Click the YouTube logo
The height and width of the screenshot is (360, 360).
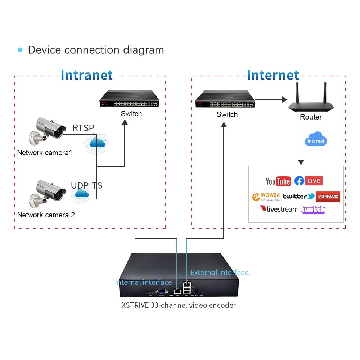coord(278,181)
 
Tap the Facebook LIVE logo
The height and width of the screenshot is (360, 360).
coord(308,181)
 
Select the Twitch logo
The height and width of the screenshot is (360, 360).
coord(313,209)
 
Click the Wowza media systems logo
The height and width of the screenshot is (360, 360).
coord(266,197)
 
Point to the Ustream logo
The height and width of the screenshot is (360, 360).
coord(328,197)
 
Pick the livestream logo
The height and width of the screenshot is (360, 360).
coord(279,209)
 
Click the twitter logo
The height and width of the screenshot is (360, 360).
coord(298,196)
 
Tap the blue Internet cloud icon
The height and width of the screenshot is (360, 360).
coord(316,140)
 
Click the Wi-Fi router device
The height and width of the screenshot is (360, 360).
coord(311,99)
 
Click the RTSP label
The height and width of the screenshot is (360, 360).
coord(83,128)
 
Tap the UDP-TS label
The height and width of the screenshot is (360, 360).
coord(86,185)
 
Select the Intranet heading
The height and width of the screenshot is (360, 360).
coord(86,75)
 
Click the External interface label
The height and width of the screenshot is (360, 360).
coord(220,273)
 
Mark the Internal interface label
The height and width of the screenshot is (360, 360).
coord(143,282)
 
